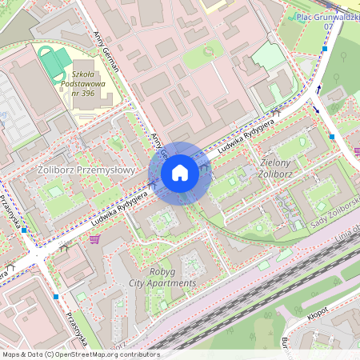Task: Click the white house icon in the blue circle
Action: point(180,173)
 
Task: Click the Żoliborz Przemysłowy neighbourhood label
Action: point(76,169)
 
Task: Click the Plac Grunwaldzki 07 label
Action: point(326,21)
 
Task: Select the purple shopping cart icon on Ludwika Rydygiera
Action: point(95,238)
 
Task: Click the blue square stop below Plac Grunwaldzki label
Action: point(325,49)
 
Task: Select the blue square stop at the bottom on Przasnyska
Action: point(56,297)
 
